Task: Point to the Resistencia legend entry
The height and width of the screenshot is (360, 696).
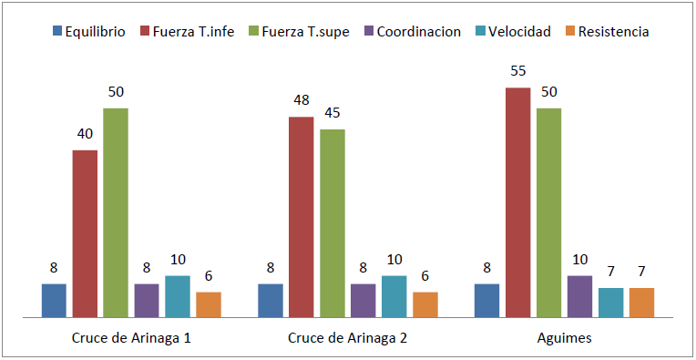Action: [x=608, y=31]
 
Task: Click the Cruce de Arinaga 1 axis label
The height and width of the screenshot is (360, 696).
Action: [x=131, y=338]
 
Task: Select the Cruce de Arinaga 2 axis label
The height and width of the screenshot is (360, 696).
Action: [x=348, y=338]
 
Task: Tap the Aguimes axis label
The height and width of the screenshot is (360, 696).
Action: [x=564, y=338]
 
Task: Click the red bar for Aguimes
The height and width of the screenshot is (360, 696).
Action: [x=518, y=202]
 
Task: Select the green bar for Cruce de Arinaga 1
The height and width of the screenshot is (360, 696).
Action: [x=116, y=212]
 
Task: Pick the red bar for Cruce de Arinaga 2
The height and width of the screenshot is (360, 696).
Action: [x=302, y=217]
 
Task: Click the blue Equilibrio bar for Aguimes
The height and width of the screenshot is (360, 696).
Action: [x=487, y=300]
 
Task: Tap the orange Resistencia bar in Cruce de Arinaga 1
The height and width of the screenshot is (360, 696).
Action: [x=209, y=304]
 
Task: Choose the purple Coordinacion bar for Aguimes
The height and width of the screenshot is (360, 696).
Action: [x=580, y=296]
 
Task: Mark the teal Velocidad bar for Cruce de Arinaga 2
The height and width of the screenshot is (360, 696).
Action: [x=394, y=296]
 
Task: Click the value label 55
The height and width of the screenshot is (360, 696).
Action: [x=518, y=71]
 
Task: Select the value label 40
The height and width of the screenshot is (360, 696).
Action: [x=85, y=133]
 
